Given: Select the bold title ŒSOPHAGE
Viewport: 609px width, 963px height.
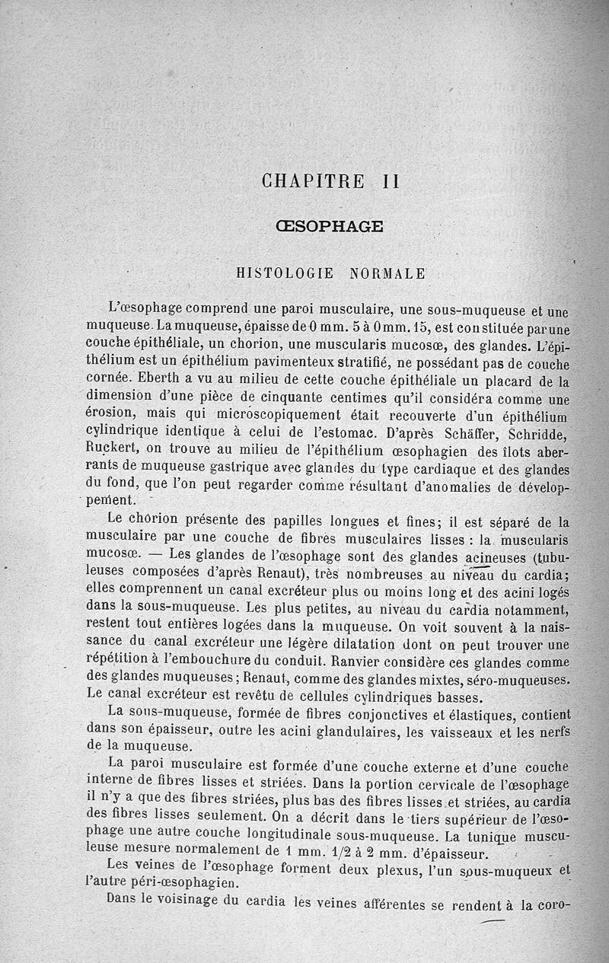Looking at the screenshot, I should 328,226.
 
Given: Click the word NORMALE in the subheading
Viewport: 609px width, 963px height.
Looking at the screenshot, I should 387,273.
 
